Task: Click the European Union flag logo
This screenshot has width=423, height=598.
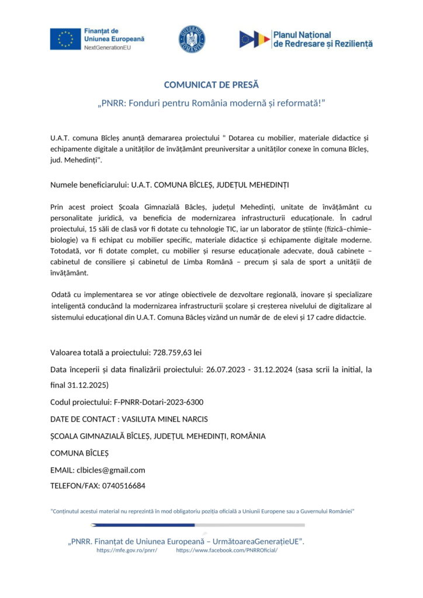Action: [x=66, y=39]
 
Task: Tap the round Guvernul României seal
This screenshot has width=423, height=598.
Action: [x=192, y=39]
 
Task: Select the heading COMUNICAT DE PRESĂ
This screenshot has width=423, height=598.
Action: [x=211, y=85]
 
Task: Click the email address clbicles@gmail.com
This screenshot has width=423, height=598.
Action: [x=111, y=470]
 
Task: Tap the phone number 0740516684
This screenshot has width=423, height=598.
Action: [x=124, y=485]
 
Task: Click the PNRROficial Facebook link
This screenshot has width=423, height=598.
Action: [x=227, y=550]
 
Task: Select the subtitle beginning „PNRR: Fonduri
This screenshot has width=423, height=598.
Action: [x=211, y=103]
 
